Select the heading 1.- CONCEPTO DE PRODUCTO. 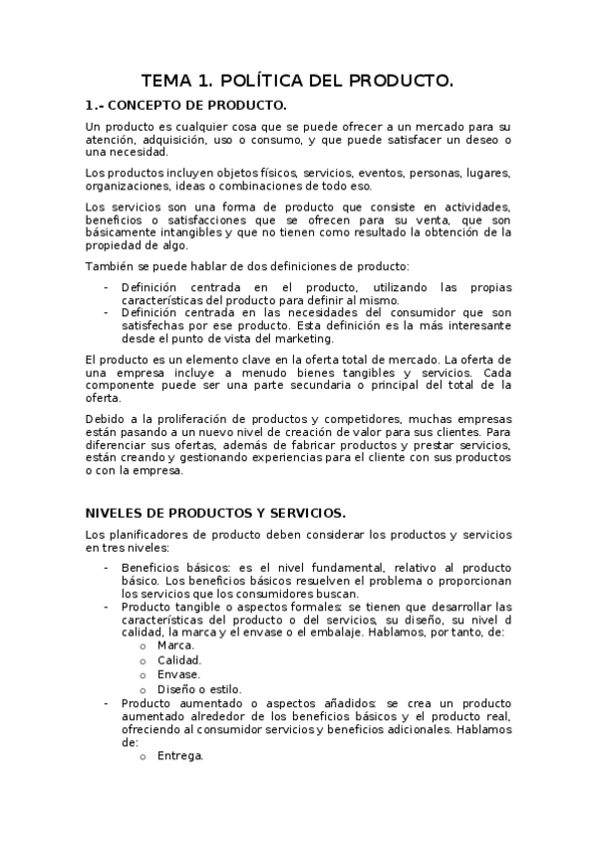coord(186,105)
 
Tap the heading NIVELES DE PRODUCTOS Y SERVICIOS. coord(215,513)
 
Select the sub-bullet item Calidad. coord(179,659)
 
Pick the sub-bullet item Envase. coord(179,674)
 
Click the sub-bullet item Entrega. coord(180,755)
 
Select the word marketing coord(304,339)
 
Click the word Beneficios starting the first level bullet coord(152,567)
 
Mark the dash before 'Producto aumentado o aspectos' coord(107,703)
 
